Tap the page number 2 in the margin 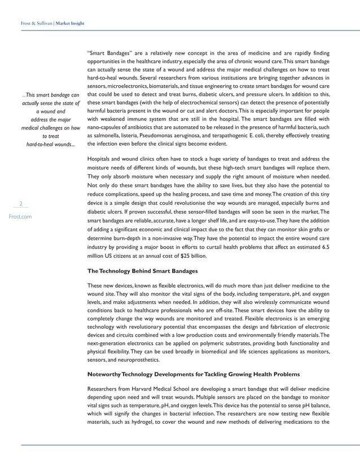click(x=21, y=204)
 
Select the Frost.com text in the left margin click(x=20, y=216)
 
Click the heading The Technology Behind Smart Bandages click(x=134, y=271)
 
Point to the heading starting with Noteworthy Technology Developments click(x=194, y=374)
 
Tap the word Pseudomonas click(x=167, y=136)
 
